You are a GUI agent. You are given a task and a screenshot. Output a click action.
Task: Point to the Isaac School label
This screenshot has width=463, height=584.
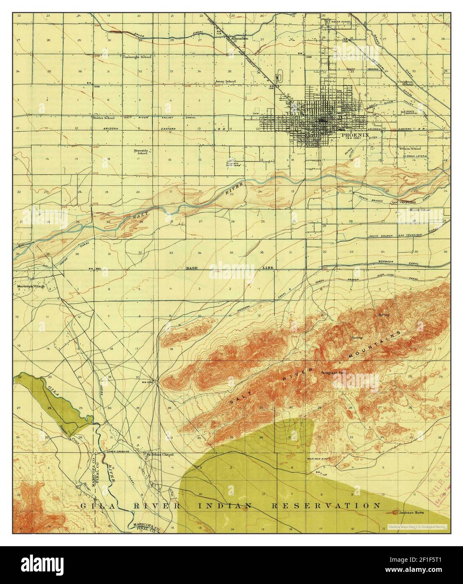point(225,81)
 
